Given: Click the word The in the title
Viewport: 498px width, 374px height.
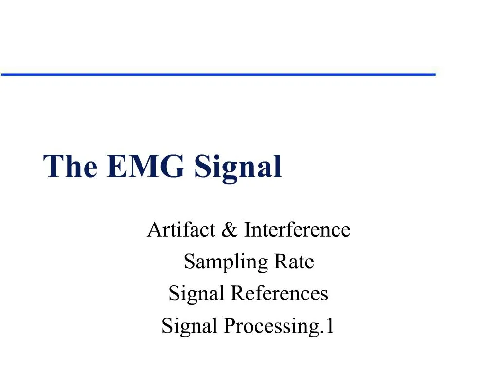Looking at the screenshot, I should (71, 167).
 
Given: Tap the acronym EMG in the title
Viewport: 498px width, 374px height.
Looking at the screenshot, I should (145, 167).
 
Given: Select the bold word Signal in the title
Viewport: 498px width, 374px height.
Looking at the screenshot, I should (238, 168).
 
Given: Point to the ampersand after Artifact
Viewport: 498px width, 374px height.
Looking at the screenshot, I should (227, 230).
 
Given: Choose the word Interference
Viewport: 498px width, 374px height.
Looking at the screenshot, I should (297, 229).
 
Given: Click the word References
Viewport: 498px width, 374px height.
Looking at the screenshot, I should (280, 294).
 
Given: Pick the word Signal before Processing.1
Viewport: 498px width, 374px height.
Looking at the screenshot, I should (190, 326).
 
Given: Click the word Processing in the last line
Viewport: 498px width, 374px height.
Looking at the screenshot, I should (273, 326).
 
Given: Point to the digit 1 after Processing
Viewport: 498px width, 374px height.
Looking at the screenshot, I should (330, 325).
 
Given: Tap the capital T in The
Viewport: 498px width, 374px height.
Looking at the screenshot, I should (53, 167).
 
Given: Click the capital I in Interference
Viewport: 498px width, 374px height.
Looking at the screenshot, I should (247, 229).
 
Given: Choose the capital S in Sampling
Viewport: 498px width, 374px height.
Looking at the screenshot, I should (189, 262).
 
